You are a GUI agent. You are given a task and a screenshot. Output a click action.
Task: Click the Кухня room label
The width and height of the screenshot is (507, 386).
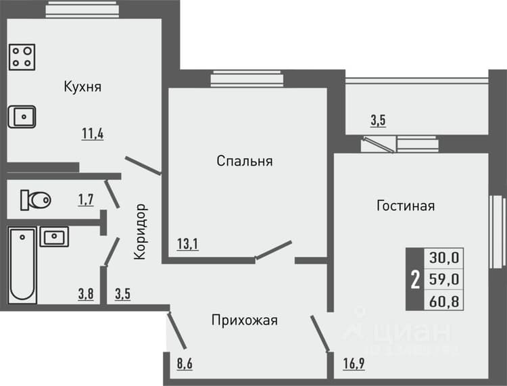point(82,87)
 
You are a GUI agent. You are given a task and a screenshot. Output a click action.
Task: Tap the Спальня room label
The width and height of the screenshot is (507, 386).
point(245,161)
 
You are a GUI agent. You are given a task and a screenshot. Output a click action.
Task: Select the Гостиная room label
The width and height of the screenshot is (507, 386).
point(406,206)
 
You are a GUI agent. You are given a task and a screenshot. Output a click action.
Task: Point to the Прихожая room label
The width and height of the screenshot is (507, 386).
point(245,320)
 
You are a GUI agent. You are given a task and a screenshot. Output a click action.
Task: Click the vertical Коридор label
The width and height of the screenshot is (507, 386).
point(141,231)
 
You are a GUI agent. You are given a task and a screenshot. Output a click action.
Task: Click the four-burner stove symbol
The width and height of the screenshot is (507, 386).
point(22,57)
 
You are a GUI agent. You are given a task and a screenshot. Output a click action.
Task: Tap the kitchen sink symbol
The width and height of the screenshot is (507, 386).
point(22,117)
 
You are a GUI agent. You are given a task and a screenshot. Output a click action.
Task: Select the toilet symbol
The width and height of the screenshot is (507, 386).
point(36,200)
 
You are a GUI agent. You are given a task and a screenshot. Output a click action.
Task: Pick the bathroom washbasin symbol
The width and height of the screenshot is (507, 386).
point(54,237)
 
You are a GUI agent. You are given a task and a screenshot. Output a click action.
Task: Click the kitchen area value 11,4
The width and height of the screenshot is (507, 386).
point(93,134)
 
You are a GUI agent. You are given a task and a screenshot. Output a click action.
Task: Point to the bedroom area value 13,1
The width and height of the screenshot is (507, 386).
point(188,244)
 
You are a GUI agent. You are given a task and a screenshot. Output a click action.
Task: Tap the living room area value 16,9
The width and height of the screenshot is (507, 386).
point(354,364)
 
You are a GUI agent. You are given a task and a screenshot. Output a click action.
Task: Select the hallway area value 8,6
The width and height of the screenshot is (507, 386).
point(185,364)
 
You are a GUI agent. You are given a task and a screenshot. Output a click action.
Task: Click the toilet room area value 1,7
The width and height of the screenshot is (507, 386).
point(86,200)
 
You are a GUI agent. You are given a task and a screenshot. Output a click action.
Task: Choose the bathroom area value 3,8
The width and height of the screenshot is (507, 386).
point(86,294)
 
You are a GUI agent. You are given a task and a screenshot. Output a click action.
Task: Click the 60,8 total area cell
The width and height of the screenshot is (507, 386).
point(444,301)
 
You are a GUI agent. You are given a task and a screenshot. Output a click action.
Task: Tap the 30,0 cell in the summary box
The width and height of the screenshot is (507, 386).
point(444,258)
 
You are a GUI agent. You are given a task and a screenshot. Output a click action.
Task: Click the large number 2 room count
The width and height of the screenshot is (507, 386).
point(415,280)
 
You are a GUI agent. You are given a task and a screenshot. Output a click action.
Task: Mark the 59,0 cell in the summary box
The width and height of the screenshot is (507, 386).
point(444,279)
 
